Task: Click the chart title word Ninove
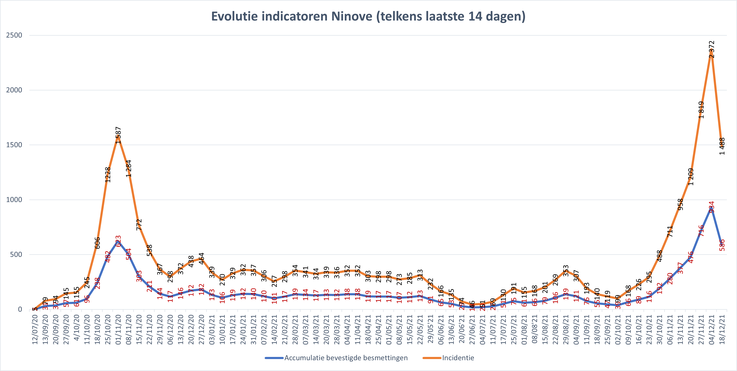pos(352,16)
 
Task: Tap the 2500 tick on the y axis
pos(14,35)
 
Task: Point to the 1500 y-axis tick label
pos(14,145)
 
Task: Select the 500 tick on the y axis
pos(16,254)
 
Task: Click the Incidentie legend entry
pos(458,358)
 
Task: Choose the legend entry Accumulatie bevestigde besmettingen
pos(346,358)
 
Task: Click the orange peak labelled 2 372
pos(712,50)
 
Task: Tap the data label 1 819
pos(701,110)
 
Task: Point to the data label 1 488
pos(722,146)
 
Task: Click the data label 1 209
pos(691,177)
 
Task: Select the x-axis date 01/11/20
pos(118,329)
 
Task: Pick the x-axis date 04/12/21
pos(712,329)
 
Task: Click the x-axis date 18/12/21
pos(722,329)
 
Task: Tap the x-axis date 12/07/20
pos(35,329)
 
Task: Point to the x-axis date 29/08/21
pos(566,329)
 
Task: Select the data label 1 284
pos(129,168)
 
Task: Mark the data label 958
pos(680,204)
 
